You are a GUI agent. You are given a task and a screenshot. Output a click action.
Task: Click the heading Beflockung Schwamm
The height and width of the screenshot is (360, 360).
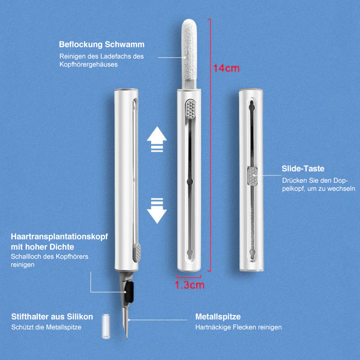coord(102,45)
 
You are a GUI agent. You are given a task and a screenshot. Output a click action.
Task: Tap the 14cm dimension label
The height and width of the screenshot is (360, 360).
coord(226,68)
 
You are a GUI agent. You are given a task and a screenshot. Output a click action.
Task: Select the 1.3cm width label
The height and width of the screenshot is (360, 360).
coord(189,285)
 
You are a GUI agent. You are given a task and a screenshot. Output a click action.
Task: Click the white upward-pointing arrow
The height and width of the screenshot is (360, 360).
coord(157,139)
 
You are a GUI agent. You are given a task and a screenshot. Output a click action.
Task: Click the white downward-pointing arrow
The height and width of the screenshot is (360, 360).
coord(157,211)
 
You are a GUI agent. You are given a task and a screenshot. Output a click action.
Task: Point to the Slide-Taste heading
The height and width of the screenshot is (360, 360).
coord(303,169)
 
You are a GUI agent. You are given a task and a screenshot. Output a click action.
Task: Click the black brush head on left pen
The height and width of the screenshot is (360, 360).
coord(129,292)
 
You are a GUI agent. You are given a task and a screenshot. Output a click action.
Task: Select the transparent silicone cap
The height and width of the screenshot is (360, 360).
coord(106,326)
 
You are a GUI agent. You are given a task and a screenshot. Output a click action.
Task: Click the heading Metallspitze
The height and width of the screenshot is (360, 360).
coord(218,317)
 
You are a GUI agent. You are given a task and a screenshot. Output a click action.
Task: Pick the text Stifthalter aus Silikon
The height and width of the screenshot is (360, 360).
coord(52,317)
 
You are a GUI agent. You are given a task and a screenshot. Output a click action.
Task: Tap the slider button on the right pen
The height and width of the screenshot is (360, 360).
coord(252,176)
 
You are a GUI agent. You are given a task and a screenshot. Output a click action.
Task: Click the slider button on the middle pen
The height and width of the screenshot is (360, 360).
coord(190,109)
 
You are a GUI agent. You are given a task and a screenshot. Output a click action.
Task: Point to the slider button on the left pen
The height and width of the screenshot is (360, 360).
coord(137,252)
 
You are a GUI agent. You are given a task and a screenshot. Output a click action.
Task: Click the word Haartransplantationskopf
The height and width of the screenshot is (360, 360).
coord(59,237)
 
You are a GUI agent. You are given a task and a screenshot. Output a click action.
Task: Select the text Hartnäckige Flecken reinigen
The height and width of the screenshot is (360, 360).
coord(238,327)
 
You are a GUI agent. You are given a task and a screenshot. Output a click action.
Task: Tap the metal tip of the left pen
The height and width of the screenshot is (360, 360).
coord(126,323)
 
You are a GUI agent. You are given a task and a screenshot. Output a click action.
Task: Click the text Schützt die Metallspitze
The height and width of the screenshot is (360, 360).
coord(46,327)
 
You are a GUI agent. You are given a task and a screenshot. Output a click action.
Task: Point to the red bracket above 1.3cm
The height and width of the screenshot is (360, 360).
coord(189,276)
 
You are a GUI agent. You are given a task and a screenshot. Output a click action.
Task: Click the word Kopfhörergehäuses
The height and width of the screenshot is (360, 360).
coord(89,64)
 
